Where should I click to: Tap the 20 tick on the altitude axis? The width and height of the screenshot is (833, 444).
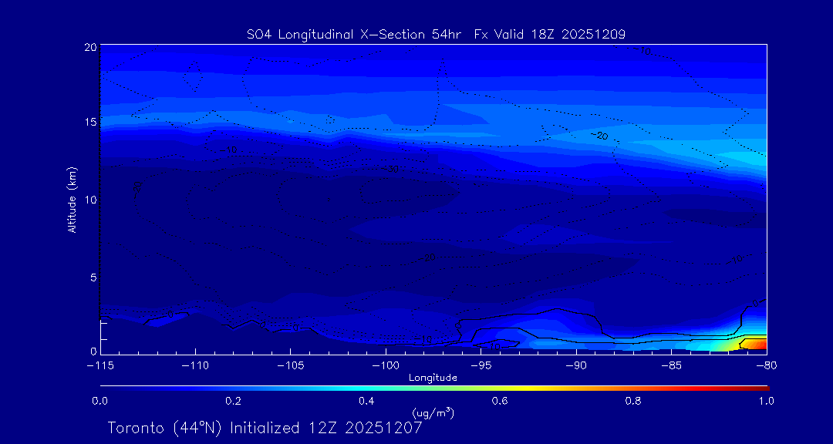[x=90, y=47]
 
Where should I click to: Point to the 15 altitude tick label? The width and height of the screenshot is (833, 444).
[x=90, y=123]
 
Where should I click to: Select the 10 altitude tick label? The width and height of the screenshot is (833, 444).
[x=90, y=200]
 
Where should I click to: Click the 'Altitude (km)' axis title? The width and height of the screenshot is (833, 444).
[x=73, y=200]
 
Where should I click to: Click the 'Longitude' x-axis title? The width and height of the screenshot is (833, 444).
[x=433, y=378]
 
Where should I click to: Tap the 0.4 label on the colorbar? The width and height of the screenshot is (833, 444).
[x=366, y=401]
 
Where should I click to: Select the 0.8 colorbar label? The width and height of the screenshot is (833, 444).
[x=633, y=401]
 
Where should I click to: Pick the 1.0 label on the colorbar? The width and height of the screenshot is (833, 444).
[x=766, y=401]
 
